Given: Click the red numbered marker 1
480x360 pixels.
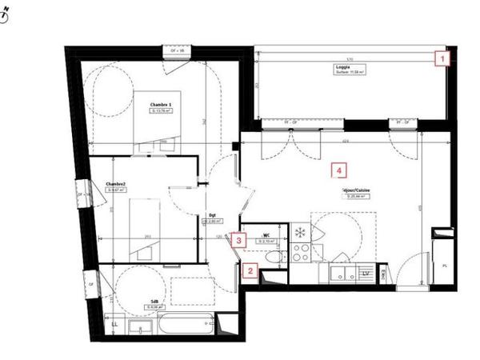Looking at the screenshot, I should (x=442, y=58).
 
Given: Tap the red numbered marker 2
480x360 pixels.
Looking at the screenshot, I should (x=250, y=271).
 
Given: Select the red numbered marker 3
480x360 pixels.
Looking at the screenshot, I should (x=239, y=238).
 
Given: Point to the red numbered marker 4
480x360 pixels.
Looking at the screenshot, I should (x=340, y=170).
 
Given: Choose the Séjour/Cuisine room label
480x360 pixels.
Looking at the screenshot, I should (x=356, y=191).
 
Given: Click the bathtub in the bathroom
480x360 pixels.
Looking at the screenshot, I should (x=185, y=328).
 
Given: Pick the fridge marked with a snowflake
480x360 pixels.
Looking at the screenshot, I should (x=301, y=233).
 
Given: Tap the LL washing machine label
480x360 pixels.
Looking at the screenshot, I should (x=115, y=323).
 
